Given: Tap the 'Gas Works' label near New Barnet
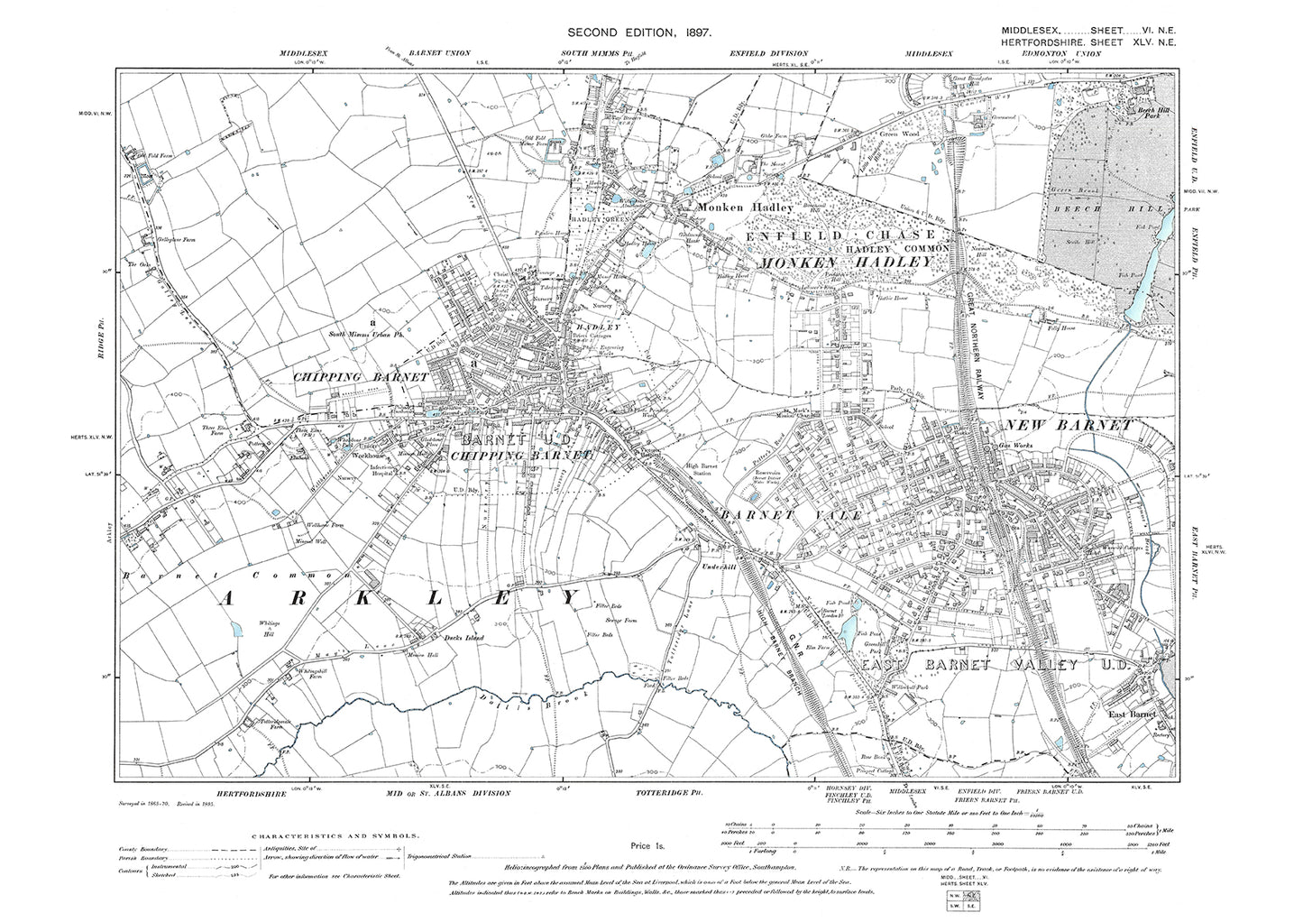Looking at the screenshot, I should tap(1014, 446).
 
